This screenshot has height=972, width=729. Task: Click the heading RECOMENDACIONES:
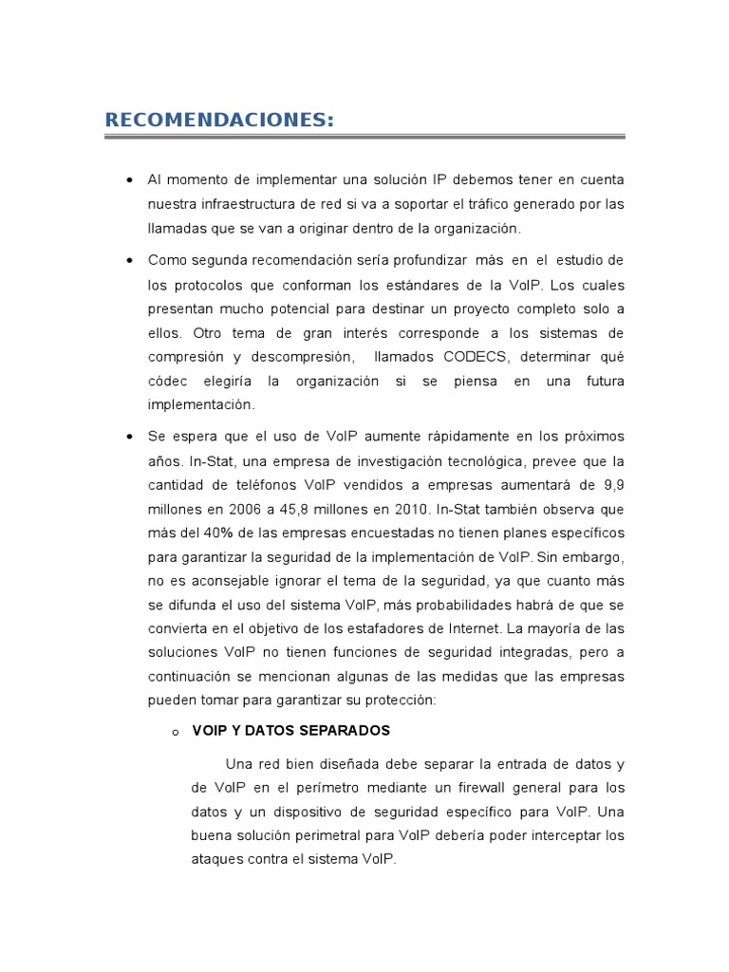click(219, 120)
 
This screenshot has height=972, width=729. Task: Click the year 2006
click(247, 508)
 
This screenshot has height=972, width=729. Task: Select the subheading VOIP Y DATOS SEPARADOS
click(290, 731)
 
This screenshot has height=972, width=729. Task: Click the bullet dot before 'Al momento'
click(128, 180)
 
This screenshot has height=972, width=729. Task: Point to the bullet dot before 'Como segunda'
click(128, 261)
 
